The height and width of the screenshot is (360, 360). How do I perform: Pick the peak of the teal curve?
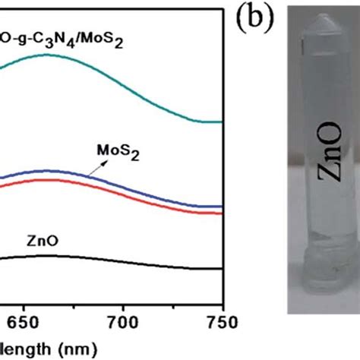(x=47, y=55)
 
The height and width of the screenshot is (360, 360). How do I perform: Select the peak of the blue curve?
(x=47, y=171)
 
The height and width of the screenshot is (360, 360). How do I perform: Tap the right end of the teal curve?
(x=222, y=122)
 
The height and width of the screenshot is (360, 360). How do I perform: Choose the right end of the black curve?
(x=222, y=269)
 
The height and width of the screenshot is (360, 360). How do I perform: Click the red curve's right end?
(x=222, y=213)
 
